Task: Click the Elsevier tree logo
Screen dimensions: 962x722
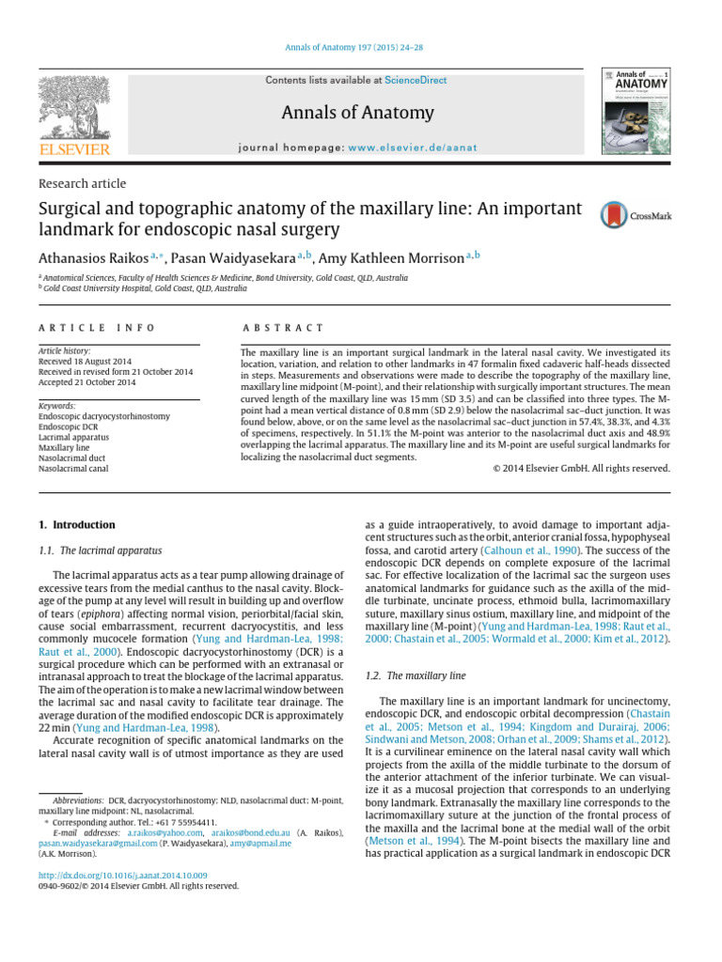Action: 74,109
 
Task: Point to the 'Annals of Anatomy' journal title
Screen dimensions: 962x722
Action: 357,114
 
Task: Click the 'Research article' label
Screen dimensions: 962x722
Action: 75,183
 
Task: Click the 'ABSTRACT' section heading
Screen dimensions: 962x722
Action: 282,328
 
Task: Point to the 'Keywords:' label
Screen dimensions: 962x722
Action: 57,406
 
